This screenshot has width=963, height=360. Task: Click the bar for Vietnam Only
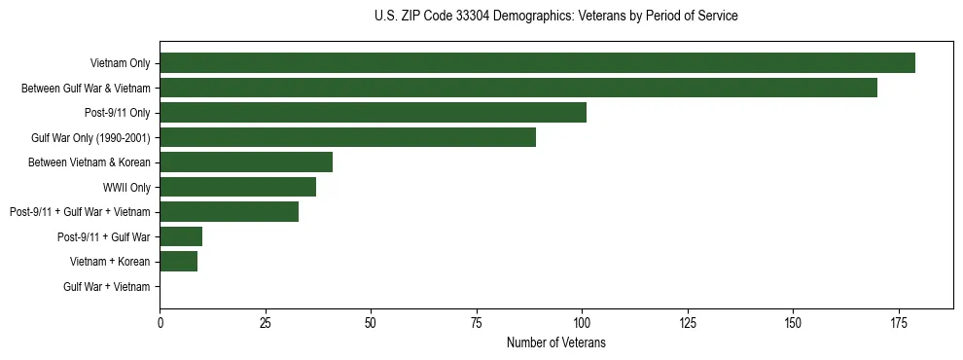pyautogui.click(x=537, y=63)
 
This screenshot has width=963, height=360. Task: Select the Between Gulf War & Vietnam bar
pyautogui.click(x=518, y=88)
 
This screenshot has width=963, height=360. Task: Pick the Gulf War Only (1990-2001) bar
pyautogui.click(x=347, y=137)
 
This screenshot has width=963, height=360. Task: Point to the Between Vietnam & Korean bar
pyautogui.click(x=246, y=162)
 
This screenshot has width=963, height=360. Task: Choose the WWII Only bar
pyautogui.click(x=237, y=187)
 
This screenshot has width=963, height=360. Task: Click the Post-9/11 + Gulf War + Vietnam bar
pyautogui.click(x=229, y=211)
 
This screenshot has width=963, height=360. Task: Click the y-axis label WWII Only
pyautogui.click(x=126, y=187)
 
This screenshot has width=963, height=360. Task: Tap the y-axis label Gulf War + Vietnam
pyautogui.click(x=107, y=286)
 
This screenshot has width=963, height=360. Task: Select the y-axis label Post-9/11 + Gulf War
pyautogui.click(x=104, y=236)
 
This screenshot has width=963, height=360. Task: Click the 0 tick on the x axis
pyautogui.click(x=160, y=322)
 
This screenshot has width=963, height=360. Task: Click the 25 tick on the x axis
pyautogui.click(x=266, y=322)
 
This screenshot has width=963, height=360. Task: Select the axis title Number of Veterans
pyautogui.click(x=555, y=342)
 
